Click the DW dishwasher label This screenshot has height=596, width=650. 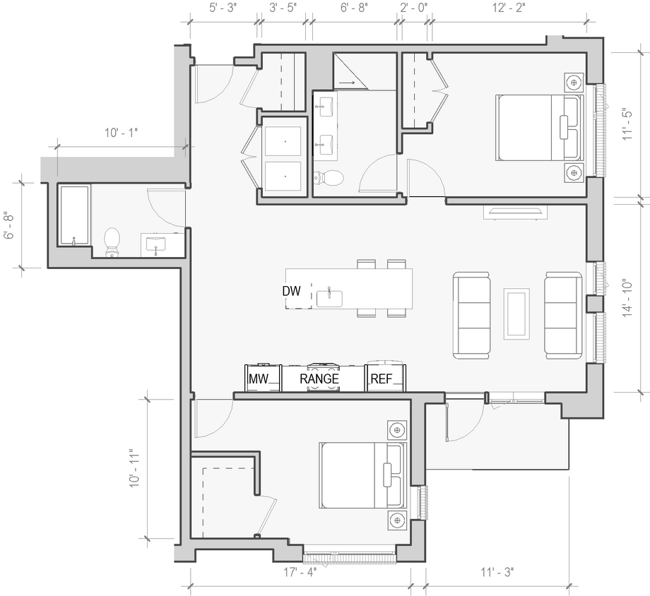click(292, 291)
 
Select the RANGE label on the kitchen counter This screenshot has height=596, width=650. click(319, 379)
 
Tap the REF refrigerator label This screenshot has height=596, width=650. click(381, 379)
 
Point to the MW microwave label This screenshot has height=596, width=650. click(259, 379)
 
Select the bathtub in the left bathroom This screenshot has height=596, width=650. click(73, 215)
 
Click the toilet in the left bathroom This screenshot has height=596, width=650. click(112, 242)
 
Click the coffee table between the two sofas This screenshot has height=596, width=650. click(516, 312)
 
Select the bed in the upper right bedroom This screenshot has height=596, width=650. click(540, 127)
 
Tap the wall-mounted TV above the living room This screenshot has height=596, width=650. click(514, 211)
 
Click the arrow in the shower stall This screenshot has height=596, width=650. click(348, 83)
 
